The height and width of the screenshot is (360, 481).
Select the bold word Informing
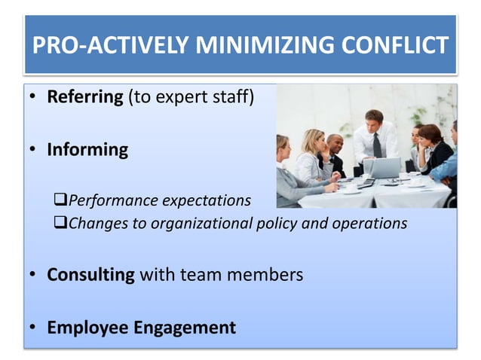87,149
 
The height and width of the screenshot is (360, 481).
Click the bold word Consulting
90,274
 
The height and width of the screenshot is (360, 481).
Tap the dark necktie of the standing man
376,144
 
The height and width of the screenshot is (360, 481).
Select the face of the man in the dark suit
334,142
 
